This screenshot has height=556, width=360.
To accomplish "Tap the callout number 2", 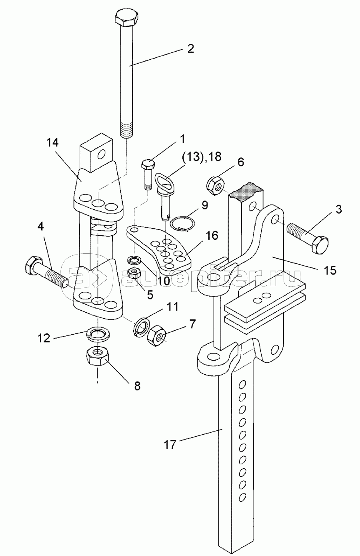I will [x=191, y=49].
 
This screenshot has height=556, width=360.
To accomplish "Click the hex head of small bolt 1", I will [x=147, y=165].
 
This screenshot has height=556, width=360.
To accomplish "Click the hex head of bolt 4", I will [x=33, y=264].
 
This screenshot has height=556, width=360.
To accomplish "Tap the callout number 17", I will [x=170, y=444].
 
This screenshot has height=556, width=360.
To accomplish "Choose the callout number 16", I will [x=212, y=235].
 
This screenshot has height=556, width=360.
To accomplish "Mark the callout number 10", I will [x=164, y=280].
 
